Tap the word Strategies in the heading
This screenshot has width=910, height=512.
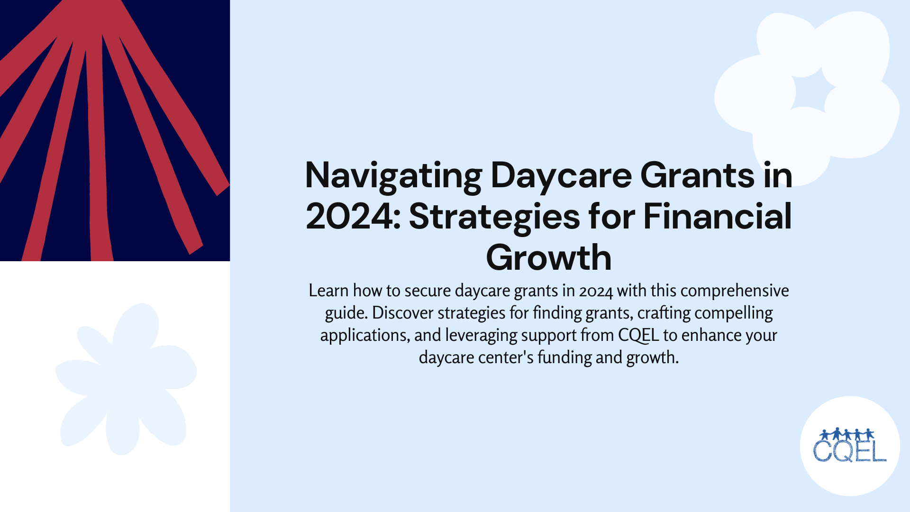click(x=494, y=217)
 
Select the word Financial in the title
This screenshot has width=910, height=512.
click(x=717, y=217)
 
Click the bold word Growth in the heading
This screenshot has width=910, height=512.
click(x=549, y=258)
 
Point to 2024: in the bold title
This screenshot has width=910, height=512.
click(x=353, y=217)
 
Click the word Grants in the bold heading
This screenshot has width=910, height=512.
click(x=697, y=176)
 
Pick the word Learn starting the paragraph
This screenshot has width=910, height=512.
click(x=328, y=291)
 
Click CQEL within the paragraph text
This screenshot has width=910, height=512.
click(x=638, y=335)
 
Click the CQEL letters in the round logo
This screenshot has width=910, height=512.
click(x=850, y=452)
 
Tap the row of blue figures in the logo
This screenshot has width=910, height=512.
click(x=846, y=434)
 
